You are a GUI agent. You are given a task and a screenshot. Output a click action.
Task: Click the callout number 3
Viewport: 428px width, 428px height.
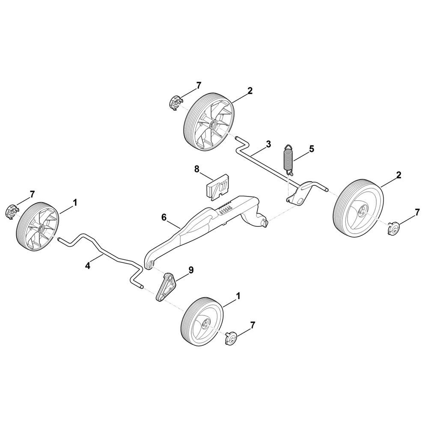click(x=268, y=144)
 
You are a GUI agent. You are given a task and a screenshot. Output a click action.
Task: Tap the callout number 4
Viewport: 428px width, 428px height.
click(x=88, y=266)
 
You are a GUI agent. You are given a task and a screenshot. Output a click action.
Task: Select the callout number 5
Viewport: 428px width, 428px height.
click(x=312, y=149)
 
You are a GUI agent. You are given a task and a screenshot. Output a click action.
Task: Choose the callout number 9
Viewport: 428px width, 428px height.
click(x=191, y=270)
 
